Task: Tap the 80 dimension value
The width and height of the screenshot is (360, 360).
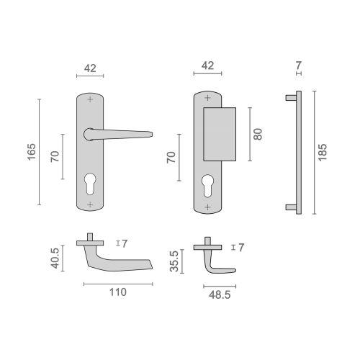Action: (258, 133)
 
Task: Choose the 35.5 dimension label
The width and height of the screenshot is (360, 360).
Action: (173, 259)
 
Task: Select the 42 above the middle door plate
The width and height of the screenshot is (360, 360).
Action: (207, 66)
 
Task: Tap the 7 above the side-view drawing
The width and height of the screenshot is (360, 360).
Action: (298, 66)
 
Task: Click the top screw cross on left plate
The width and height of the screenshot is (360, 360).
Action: (90, 99)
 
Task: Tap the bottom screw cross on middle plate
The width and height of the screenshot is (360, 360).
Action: (207, 206)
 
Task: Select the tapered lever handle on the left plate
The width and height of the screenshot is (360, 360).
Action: (119, 134)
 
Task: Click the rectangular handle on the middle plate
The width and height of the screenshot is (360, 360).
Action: (220, 132)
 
